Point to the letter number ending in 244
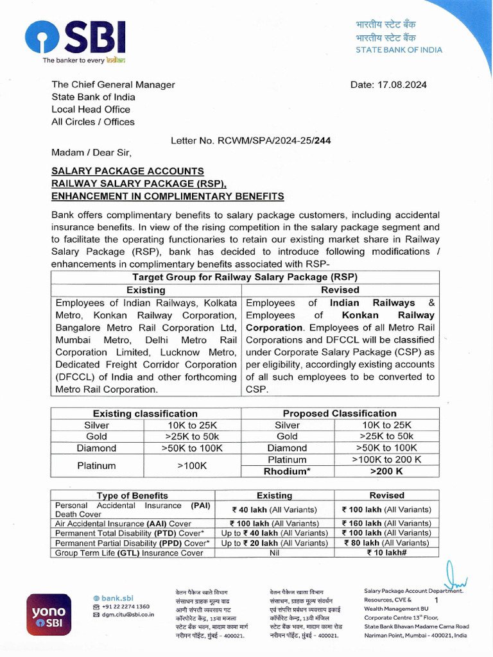pyautogui.click(x=251, y=140)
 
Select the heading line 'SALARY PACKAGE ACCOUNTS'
pyautogui.click(x=128, y=171)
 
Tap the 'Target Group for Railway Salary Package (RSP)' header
pyautogui.click(x=245, y=277)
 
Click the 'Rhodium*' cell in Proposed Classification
pyautogui.click(x=287, y=472)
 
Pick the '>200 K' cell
pyautogui.click(x=386, y=472)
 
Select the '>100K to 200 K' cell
pyautogui.click(x=386, y=460)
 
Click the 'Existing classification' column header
pyautogui.click(x=145, y=414)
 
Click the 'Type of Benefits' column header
pyautogui.click(x=132, y=495)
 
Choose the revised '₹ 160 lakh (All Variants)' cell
pyautogui.click(x=386, y=523)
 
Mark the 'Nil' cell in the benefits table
pyautogui.click(x=274, y=552)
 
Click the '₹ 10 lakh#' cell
pyautogui.click(x=386, y=552)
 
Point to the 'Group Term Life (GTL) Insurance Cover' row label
pyautogui.click(x=129, y=552)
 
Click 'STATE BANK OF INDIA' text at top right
pyautogui.click(x=399, y=50)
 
